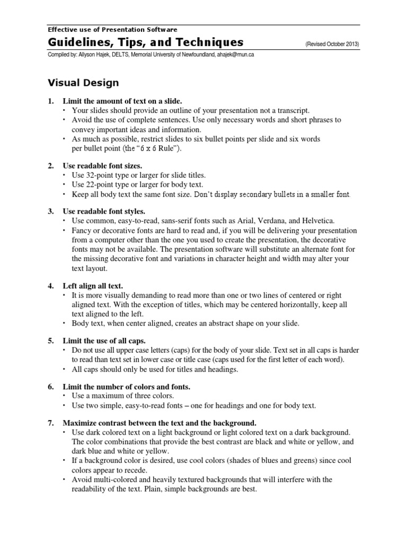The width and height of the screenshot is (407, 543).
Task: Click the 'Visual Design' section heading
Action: tap(83, 83)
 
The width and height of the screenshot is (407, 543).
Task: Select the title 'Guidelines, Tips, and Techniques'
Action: tap(146, 42)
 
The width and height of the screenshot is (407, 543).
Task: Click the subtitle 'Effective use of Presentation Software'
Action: tap(112, 30)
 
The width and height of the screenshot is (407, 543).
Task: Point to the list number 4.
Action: tap(51, 286)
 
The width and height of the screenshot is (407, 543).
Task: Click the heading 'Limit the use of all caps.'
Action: tap(104, 340)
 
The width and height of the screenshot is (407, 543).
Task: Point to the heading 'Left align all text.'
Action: tap(93, 286)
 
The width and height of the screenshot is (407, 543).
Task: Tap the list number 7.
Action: tap(51, 423)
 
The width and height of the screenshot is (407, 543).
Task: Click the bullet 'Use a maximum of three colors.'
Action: tap(123, 396)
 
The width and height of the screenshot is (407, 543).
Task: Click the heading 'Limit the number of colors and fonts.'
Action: tap(126, 386)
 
